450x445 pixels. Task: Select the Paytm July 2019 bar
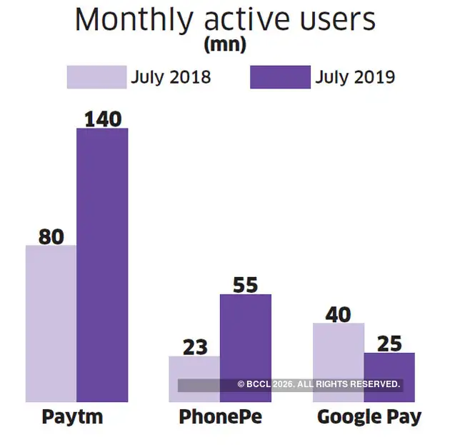[102, 265]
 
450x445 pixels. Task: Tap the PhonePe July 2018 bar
[194, 368]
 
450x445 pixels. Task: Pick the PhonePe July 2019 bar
[245, 336]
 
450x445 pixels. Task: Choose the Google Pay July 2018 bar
[339, 350]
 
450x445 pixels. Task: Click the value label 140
[102, 118]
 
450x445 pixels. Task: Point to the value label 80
[51, 236]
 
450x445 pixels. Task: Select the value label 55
[245, 284]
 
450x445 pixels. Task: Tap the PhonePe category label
[220, 416]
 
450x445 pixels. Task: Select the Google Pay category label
[369, 417]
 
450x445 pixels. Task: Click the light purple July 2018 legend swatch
[96, 77]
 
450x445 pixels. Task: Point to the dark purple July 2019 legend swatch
[280, 77]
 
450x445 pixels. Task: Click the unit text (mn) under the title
[225, 45]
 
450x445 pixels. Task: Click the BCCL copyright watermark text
[319, 384]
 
